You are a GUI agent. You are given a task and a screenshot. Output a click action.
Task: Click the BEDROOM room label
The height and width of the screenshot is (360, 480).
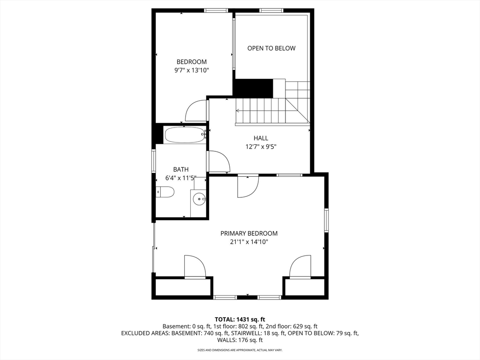(191, 62)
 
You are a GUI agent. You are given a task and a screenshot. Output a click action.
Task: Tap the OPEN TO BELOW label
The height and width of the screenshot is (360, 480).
(271, 48)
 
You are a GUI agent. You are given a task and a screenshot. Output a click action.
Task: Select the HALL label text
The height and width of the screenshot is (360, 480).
(261, 138)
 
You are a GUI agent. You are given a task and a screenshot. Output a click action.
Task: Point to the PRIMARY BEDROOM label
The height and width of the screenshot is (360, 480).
(249, 233)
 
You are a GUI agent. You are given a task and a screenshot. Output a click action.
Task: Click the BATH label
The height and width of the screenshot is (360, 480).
(181, 169)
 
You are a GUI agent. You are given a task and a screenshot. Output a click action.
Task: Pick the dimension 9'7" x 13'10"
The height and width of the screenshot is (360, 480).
(191, 70)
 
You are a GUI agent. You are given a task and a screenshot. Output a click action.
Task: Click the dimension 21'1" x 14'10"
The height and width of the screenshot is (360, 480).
(249, 242)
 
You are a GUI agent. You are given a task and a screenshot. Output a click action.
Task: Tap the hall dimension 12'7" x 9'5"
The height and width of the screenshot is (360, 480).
(261, 147)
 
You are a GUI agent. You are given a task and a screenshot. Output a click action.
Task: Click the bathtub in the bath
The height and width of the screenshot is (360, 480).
(185, 135)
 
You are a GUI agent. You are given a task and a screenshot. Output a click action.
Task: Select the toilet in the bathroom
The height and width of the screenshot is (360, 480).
(165, 192)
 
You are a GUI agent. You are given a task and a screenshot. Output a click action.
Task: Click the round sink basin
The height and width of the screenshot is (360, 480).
(199, 199)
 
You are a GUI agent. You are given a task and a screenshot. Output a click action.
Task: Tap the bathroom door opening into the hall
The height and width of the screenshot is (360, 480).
(218, 161)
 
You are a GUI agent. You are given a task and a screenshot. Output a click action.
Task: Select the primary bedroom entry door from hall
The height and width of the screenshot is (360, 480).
(248, 187)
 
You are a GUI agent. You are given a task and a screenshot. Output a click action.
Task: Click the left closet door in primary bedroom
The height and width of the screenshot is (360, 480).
(195, 267)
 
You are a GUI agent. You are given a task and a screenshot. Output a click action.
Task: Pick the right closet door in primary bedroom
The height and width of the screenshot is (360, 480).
(300, 267)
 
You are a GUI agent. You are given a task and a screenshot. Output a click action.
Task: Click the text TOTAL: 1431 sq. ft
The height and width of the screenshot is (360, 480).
(240, 320)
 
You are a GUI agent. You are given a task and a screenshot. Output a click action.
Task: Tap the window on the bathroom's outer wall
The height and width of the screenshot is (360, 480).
(154, 161)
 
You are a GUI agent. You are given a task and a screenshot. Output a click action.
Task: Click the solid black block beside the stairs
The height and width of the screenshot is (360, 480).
(253, 88)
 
